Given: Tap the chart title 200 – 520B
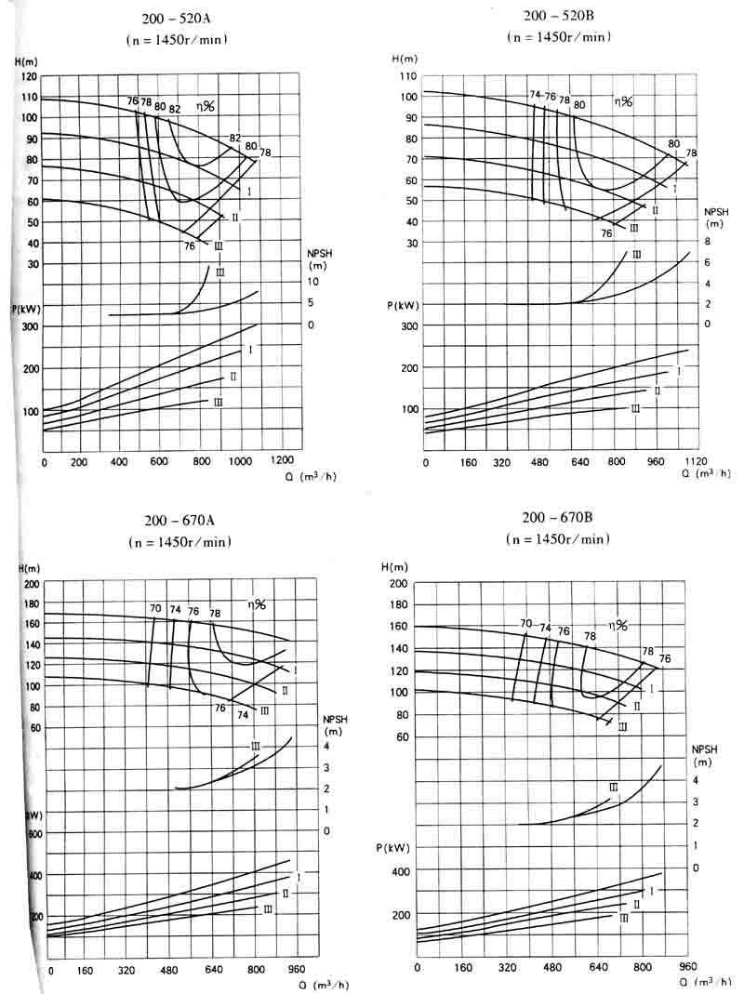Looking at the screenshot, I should click(x=558, y=17).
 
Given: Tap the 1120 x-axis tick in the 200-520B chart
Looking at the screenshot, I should click(x=694, y=461).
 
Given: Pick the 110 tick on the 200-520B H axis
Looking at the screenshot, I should click(x=405, y=75).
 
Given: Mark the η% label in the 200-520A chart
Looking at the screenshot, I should click(x=204, y=106).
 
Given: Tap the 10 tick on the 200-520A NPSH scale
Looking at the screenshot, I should click(x=313, y=282).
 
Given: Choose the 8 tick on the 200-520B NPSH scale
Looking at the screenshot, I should click(x=707, y=242).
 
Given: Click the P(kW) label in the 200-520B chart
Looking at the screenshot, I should click(x=404, y=305).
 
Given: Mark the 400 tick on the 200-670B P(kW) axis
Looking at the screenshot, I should click(x=400, y=871).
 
